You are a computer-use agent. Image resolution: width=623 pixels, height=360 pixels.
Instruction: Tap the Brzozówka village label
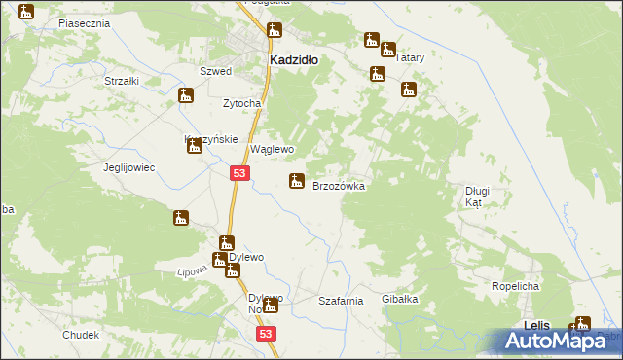click(x=338, y=186)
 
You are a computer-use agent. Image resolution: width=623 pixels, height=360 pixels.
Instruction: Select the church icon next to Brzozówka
click(x=297, y=181)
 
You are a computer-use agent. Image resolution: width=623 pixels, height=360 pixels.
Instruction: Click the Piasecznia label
click(x=83, y=21)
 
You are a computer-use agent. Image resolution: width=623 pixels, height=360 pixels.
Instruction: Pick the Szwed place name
click(x=215, y=72)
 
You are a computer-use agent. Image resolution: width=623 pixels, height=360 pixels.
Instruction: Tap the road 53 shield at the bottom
click(x=269, y=334)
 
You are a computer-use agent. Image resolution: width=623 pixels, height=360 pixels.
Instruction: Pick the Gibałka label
click(x=399, y=300)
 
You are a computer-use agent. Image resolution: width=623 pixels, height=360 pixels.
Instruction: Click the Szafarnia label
click(x=341, y=302)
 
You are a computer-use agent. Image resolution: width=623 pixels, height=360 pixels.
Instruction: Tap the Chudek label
click(x=81, y=335)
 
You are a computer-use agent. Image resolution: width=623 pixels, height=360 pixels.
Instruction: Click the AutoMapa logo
click(x=561, y=340)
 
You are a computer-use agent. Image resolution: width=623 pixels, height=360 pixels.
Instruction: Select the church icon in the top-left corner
click(x=26, y=12)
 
